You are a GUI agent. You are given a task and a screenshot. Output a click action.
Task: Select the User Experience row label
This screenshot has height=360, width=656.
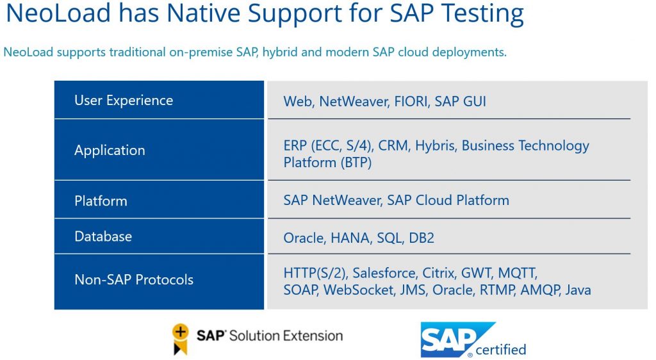[124, 101]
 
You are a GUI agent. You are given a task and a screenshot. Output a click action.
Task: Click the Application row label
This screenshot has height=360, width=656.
[110, 151]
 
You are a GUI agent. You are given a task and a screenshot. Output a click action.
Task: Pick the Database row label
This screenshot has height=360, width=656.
[103, 236]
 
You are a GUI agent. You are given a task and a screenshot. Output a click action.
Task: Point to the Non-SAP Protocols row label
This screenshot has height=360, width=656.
[134, 279]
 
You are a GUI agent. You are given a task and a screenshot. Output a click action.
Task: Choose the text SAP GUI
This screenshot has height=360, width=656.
[460, 102]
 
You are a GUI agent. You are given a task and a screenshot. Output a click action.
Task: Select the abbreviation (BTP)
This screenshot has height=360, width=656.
[356, 163]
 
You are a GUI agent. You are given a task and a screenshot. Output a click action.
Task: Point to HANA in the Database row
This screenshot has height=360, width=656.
[351, 238]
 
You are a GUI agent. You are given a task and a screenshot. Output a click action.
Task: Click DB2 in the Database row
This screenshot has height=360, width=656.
[422, 238]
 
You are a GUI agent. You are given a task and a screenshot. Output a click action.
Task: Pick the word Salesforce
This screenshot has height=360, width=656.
[385, 273]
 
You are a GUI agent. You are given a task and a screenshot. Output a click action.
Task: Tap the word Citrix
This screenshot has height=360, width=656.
[438, 273]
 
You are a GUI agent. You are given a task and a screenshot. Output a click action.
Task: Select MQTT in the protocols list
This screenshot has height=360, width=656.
[517, 273]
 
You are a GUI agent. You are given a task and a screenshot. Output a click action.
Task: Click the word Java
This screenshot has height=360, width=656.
[578, 290]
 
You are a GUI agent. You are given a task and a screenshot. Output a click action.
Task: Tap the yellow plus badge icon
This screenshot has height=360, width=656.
[180, 339]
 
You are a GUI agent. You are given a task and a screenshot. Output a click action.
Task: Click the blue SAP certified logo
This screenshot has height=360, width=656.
[473, 340]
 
